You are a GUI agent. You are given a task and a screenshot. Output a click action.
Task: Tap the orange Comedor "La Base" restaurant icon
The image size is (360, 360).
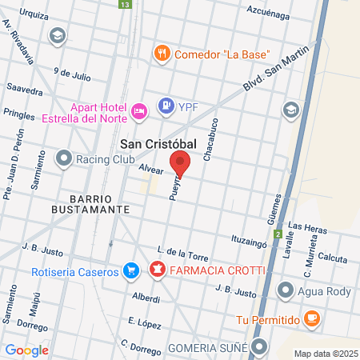tap(162, 54)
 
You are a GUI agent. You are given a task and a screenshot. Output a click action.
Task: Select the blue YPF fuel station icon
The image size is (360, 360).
tap(166, 104)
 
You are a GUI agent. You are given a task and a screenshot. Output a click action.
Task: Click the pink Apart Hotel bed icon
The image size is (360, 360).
tap(138, 110)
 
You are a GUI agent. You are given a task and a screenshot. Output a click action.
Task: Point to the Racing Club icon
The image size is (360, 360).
tap(64, 158)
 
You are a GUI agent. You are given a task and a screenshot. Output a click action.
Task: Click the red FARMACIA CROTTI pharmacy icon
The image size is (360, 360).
tap(158, 268)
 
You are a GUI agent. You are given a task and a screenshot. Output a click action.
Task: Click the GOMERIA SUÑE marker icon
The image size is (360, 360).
tap(259, 346)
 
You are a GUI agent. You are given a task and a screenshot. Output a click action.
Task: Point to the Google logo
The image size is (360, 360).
tap(26, 350)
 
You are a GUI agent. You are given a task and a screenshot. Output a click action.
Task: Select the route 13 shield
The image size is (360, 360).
tap(123, 5)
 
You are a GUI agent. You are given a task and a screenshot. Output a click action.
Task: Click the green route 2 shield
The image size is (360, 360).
tap(278, 234)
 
